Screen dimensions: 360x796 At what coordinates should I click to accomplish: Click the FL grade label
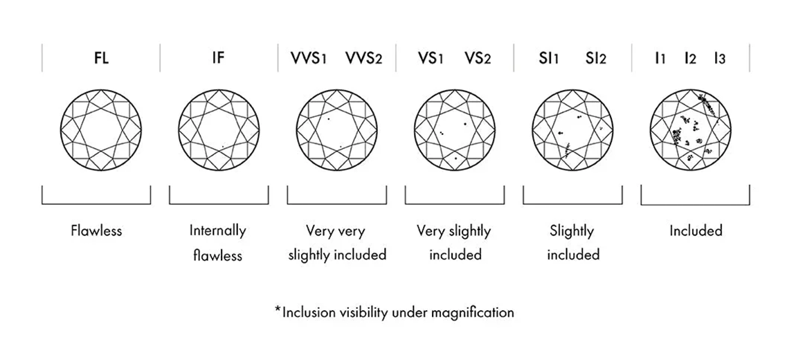(101, 58)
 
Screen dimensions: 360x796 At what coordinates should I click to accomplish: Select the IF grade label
(219, 58)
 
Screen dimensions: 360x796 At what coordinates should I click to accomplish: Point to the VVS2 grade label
(363, 58)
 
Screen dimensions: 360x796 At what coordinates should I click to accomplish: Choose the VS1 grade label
(430, 58)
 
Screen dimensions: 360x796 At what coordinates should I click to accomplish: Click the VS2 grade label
(478, 58)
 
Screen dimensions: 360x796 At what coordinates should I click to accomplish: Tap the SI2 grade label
(595, 58)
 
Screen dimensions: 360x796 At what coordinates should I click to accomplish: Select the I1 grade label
(660, 58)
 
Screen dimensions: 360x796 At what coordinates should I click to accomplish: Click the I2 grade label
(689, 58)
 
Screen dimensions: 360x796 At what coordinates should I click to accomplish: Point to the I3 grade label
(719, 58)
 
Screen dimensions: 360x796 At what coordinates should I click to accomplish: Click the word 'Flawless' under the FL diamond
(96, 231)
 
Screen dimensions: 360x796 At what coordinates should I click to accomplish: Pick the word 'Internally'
(218, 231)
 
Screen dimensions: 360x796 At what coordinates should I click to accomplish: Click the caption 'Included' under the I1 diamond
(695, 231)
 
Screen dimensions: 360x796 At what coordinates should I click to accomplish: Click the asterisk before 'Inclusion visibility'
(278, 311)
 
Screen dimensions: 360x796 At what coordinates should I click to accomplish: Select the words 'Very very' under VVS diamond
(336, 231)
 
